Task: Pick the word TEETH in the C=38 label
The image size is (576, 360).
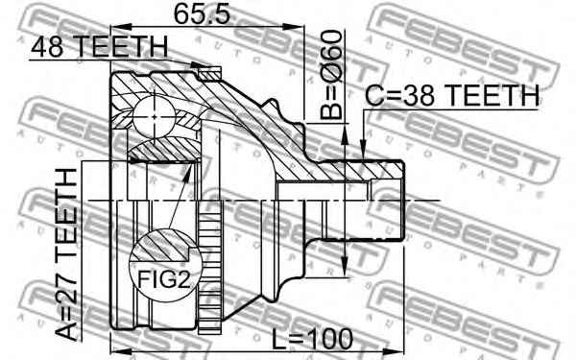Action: (489, 95)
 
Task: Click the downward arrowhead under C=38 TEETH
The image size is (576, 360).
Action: (364, 149)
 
